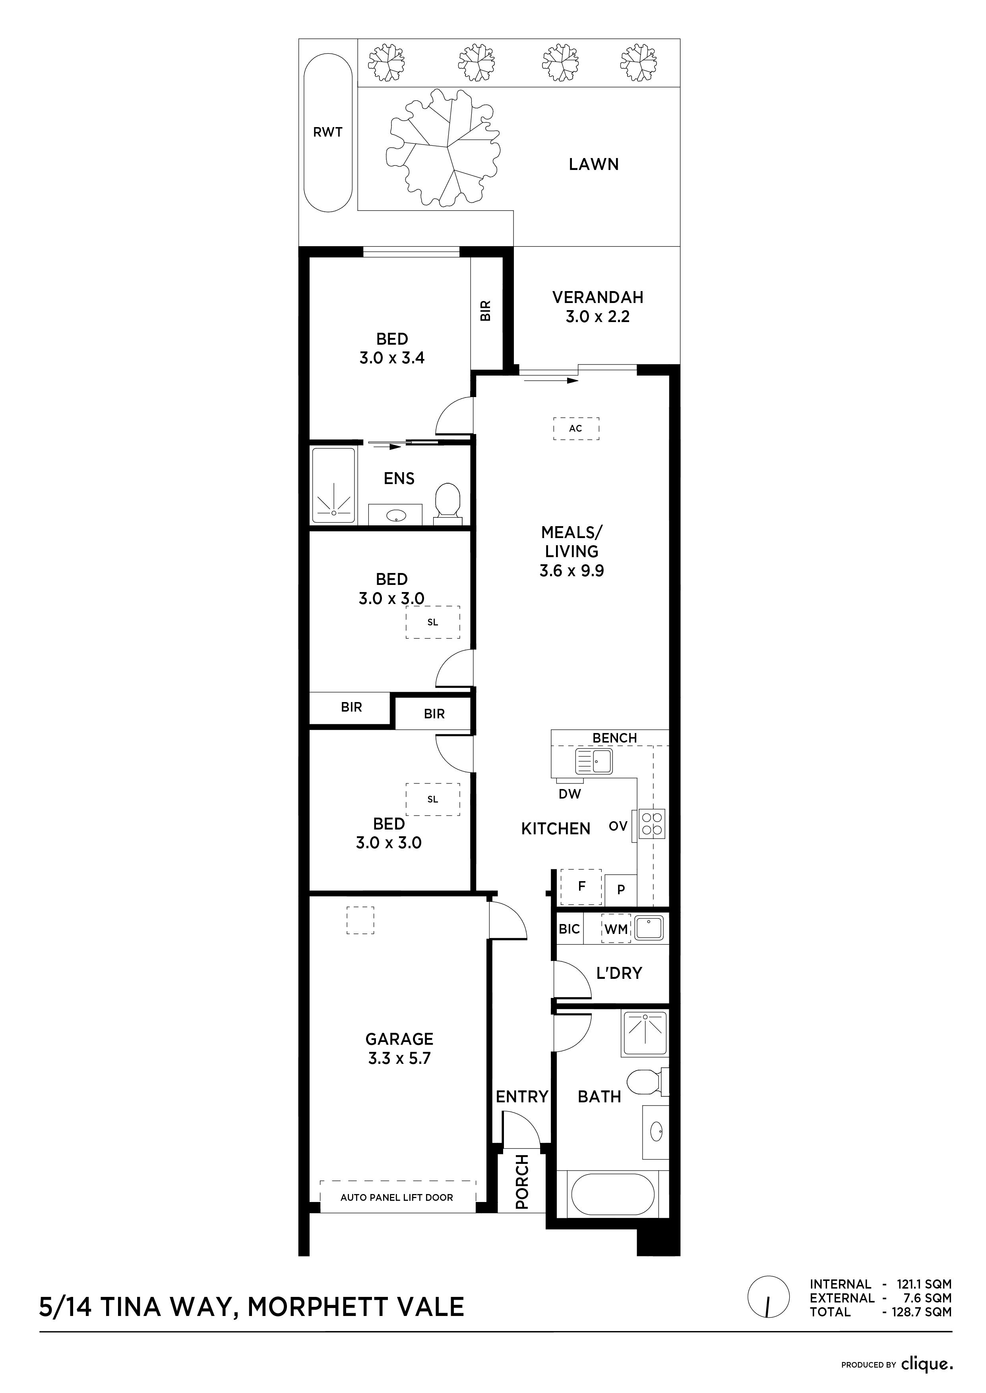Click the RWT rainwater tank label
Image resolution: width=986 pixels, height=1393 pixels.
click(328, 132)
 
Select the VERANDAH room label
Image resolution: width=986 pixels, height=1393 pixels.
click(597, 297)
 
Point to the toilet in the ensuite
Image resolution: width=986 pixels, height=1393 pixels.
click(448, 503)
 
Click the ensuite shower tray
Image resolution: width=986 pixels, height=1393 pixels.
click(333, 485)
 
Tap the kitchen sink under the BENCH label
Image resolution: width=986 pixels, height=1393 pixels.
click(594, 761)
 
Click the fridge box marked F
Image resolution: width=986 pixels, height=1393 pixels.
click(581, 887)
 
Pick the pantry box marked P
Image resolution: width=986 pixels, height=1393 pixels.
click(620, 890)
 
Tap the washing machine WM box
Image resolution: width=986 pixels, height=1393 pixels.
click(616, 928)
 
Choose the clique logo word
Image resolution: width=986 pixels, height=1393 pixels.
click(926, 1364)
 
